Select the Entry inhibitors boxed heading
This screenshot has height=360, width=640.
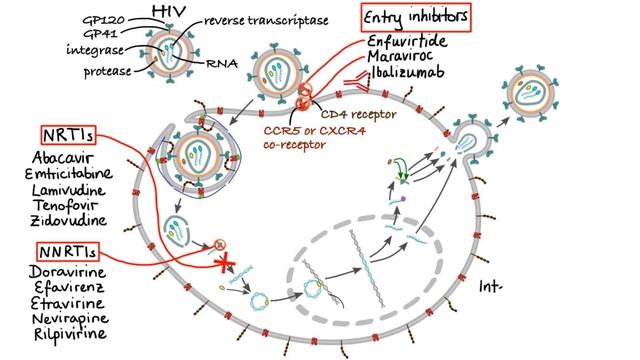coord(417,17)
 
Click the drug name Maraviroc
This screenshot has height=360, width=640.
coord(405,60)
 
